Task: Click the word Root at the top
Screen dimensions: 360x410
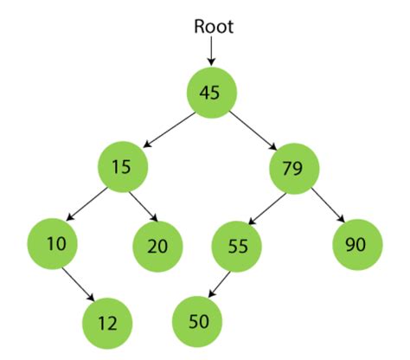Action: click(213, 26)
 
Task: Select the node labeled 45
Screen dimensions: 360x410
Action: click(212, 92)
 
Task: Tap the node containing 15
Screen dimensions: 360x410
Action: click(123, 166)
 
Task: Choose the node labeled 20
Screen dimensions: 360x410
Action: click(157, 247)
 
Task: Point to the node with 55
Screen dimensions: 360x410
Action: click(236, 247)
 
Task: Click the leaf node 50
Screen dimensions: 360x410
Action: click(199, 322)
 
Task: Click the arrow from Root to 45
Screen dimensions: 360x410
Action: click(212, 51)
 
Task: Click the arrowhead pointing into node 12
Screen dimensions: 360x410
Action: click(91, 299)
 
